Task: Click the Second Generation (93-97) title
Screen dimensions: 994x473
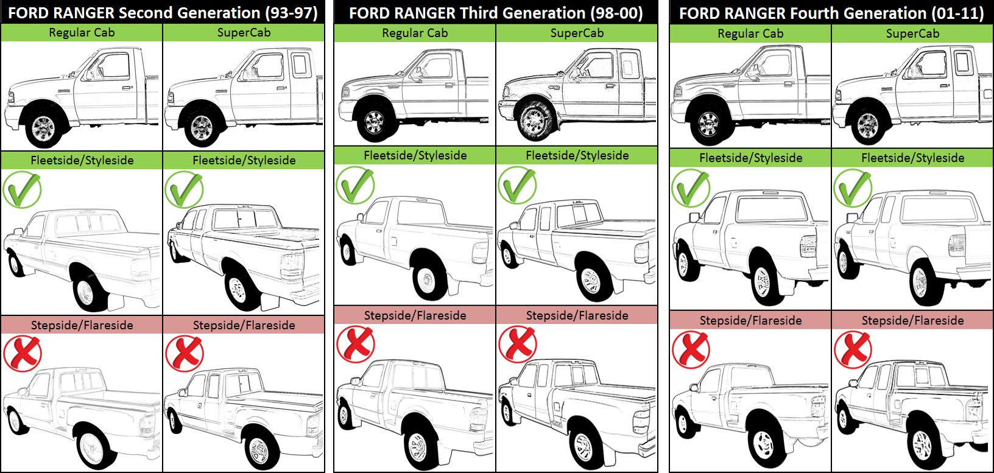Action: [x=163, y=13]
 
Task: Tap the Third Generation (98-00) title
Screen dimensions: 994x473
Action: [x=496, y=13]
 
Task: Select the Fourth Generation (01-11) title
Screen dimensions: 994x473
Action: [x=831, y=13]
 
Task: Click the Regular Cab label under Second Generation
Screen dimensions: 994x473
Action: [x=82, y=32]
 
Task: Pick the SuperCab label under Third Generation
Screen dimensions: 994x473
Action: [x=577, y=33]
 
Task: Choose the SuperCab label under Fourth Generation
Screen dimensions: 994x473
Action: [x=912, y=33]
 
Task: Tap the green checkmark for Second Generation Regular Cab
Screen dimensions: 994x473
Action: [x=22, y=189]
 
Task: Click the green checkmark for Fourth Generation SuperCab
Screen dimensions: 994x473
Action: [x=853, y=187]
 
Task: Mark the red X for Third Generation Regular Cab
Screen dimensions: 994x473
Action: [x=356, y=345]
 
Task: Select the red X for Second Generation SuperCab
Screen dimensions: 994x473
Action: [x=184, y=354]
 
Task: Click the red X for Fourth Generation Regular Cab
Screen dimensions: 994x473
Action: [x=691, y=349]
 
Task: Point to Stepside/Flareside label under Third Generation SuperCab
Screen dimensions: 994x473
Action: [x=577, y=315]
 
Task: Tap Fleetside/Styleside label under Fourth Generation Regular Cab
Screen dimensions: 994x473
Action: [x=751, y=158]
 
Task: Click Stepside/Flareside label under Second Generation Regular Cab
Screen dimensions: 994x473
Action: [x=82, y=325]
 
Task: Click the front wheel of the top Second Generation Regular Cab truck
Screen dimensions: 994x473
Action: [x=43, y=127]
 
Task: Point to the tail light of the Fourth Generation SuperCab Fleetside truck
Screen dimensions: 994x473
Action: [x=956, y=245]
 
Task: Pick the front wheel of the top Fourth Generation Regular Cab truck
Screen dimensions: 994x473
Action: [x=708, y=124]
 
